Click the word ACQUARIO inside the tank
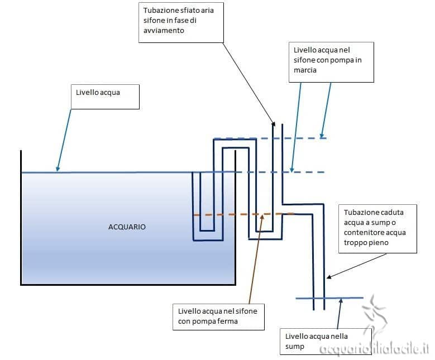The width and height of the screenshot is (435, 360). pos(127,227)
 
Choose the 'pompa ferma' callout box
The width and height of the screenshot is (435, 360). pos(217,316)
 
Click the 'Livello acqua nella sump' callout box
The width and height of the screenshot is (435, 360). pos(316,341)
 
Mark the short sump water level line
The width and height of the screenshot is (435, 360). pos(329,298)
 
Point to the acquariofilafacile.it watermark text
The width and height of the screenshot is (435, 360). pos(374,349)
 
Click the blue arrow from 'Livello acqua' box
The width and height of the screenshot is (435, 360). pos(64,140)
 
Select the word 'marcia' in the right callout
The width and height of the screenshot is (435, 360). pos(305,70)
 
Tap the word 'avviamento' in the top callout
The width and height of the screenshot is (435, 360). pos(164,31)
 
